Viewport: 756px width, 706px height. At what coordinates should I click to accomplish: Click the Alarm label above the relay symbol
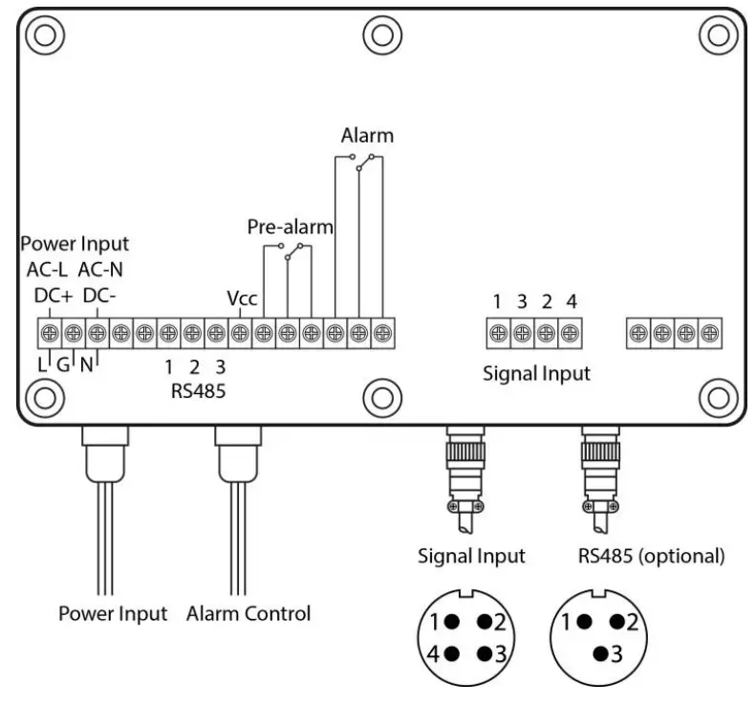(x=367, y=136)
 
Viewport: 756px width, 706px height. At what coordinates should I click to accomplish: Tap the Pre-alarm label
(x=290, y=228)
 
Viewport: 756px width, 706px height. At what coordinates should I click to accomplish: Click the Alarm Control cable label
(x=248, y=613)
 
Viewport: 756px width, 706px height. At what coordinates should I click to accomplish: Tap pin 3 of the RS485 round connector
(x=601, y=654)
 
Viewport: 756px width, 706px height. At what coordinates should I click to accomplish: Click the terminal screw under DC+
(x=49, y=333)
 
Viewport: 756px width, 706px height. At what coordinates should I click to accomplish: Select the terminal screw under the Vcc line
(x=240, y=333)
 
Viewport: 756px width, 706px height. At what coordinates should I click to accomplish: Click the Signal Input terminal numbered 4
(x=570, y=333)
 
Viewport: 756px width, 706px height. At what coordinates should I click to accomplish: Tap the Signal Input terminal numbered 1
(x=498, y=333)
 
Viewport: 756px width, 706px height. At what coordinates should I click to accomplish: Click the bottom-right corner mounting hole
(x=715, y=393)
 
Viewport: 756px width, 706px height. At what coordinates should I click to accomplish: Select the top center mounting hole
(x=379, y=33)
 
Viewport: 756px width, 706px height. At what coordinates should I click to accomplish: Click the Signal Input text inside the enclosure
(x=535, y=373)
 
